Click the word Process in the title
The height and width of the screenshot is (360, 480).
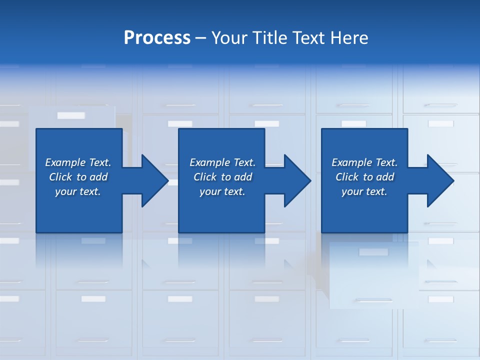click(x=157, y=38)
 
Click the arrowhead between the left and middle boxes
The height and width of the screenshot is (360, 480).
click(x=153, y=180)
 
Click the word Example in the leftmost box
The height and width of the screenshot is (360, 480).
click(x=65, y=162)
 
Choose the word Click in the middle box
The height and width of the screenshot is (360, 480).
click(x=205, y=177)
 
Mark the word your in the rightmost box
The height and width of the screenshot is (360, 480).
click(x=352, y=191)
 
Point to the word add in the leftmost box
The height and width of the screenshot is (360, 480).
click(x=98, y=177)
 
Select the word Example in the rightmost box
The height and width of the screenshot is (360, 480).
click(x=352, y=162)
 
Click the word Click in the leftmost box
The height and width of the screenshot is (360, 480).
click(x=61, y=177)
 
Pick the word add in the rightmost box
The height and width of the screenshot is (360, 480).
click(x=385, y=177)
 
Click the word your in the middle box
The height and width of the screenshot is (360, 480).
click(x=210, y=191)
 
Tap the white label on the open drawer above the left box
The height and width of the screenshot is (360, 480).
click(x=71, y=115)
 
